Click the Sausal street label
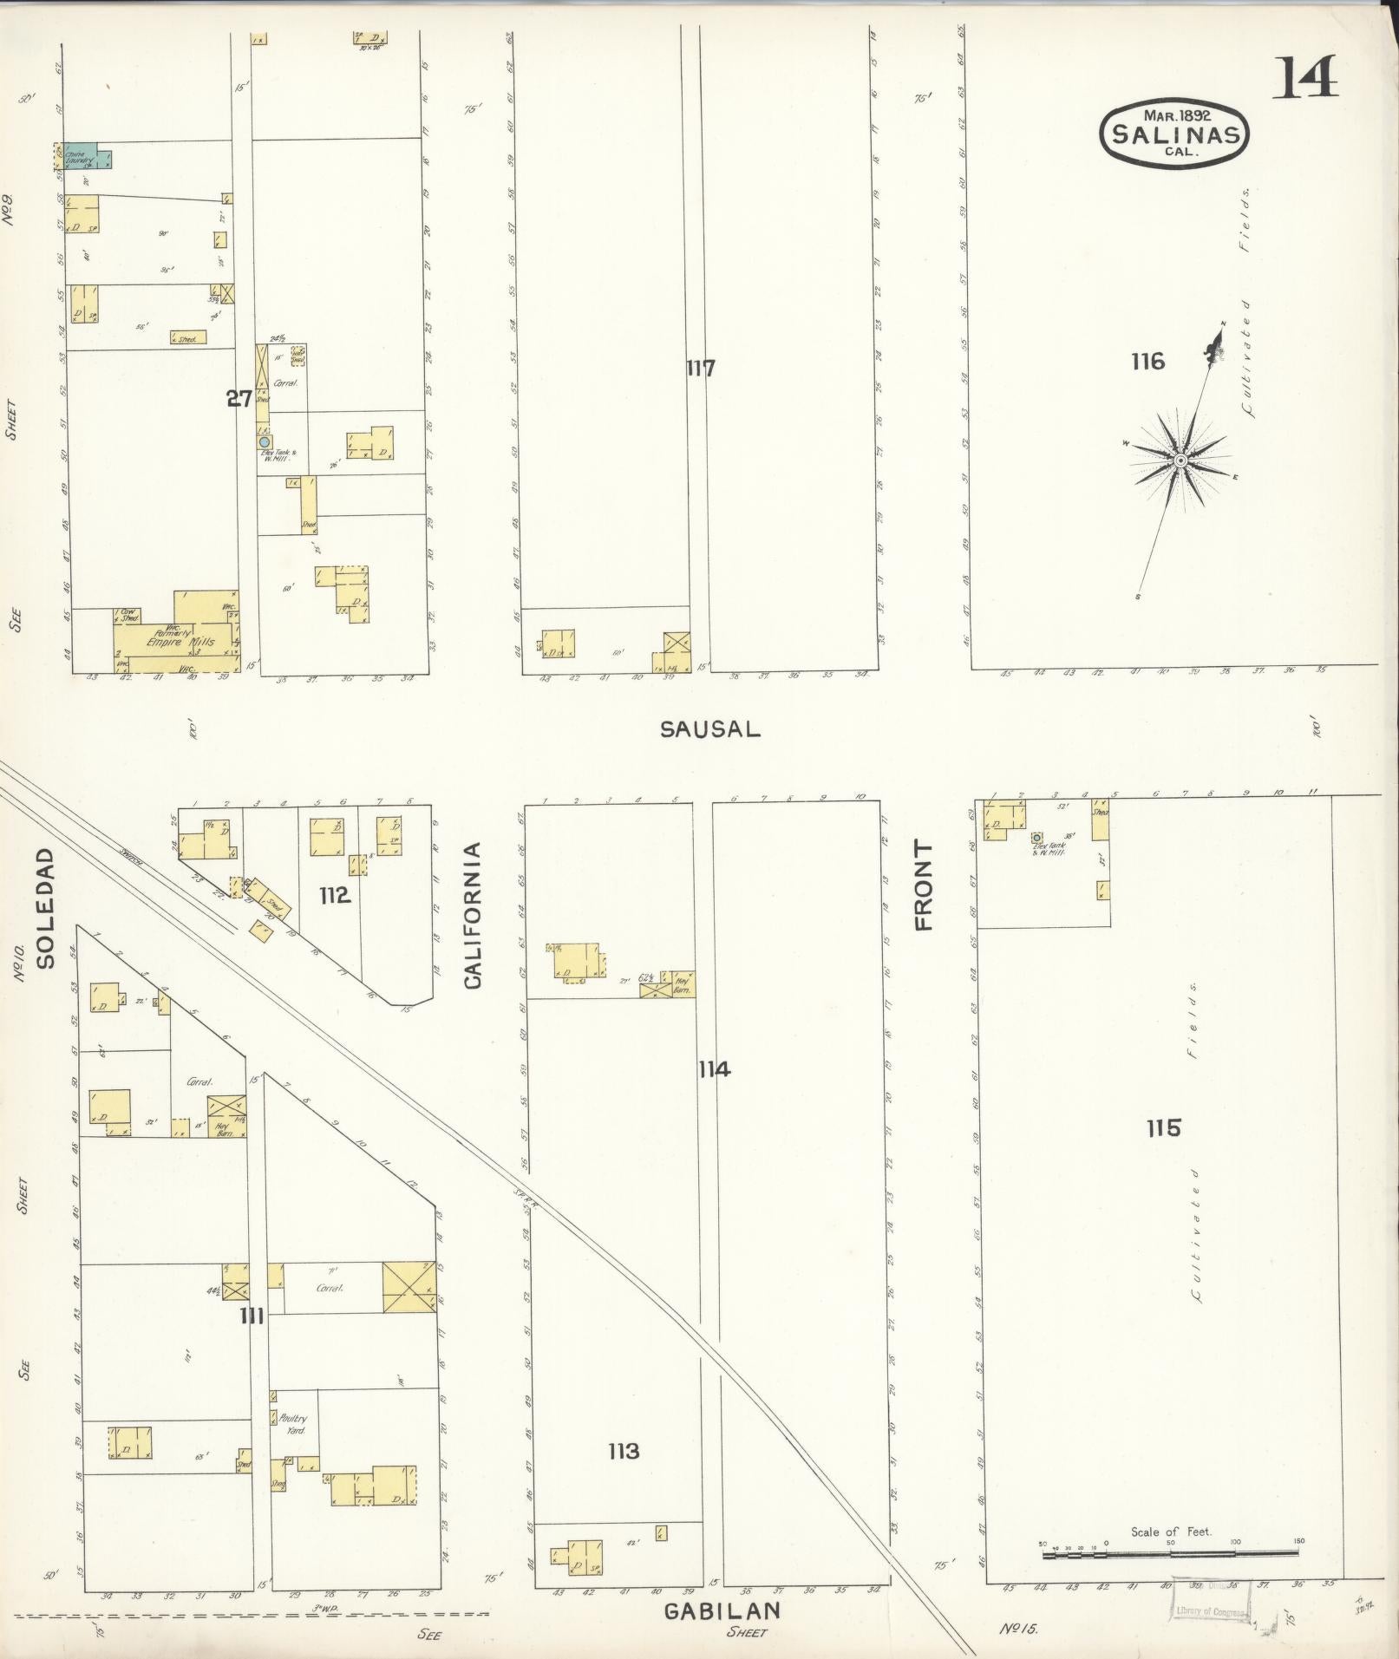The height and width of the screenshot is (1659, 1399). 709,729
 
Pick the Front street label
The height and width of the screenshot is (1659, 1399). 923,885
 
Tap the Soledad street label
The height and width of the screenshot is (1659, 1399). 46,907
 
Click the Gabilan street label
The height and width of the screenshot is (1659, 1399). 722,1610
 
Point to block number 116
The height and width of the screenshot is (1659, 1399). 1147,362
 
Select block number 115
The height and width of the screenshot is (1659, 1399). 1162,1128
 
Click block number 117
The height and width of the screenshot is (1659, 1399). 700,369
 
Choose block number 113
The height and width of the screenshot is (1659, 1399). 623,1450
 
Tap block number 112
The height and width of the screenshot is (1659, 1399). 334,895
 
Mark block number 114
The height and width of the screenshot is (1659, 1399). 714,1069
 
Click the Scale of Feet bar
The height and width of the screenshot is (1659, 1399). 1169,1553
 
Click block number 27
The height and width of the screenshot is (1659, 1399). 239,399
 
